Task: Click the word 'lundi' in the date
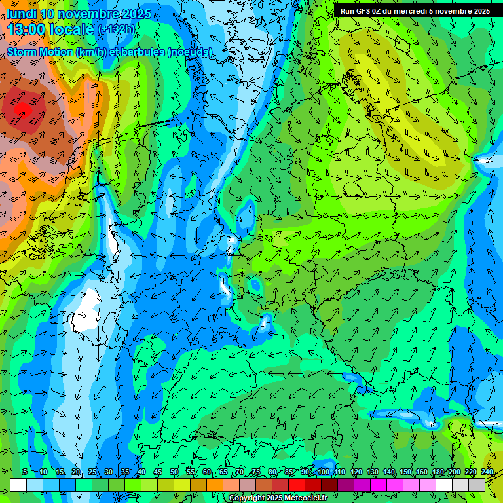22,14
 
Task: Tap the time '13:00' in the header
28,29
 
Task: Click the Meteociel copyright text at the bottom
278,498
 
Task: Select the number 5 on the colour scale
24,472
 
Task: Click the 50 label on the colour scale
174,472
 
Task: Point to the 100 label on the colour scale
324,472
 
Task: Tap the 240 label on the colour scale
487,472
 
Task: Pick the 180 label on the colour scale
438,472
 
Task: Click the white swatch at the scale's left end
18,485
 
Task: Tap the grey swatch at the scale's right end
477,485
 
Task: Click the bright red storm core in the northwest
22,107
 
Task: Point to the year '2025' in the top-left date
136,14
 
